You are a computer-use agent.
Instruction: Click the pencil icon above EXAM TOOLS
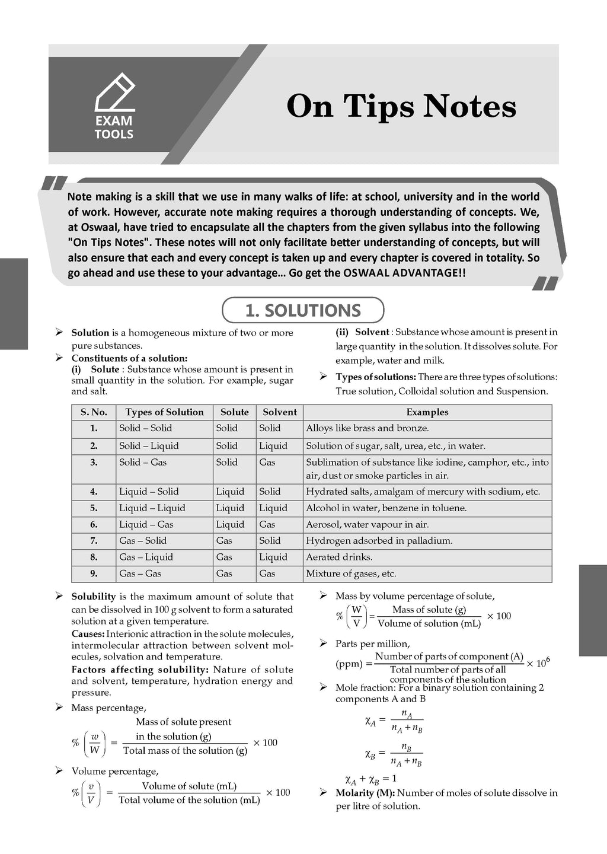(x=115, y=92)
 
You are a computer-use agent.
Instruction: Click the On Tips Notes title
(x=401, y=107)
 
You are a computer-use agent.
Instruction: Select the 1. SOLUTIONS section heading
(x=303, y=310)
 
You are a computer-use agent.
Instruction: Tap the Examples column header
(x=427, y=412)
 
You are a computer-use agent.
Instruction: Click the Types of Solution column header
(x=164, y=412)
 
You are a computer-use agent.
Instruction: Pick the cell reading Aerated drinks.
(x=339, y=557)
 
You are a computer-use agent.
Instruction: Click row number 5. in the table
(x=94, y=508)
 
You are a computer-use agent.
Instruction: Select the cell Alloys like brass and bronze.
(x=367, y=428)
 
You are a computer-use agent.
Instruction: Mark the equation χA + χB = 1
(x=370, y=779)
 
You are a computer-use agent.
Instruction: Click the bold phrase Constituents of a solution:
(x=129, y=358)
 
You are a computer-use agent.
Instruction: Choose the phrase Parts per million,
(x=372, y=643)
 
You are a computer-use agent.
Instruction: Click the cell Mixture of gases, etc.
(x=351, y=573)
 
